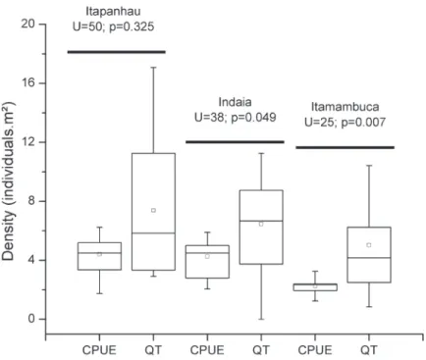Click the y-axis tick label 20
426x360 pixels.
(28, 24)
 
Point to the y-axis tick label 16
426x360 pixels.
(28, 82)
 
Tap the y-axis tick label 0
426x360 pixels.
(31, 319)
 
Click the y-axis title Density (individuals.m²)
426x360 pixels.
(9, 182)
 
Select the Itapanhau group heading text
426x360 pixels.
(113, 11)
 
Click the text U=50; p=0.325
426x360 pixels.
(113, 26)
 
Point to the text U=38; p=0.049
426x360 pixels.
(236, 118)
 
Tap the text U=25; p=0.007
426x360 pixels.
(345, 123)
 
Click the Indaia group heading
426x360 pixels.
(236, 102)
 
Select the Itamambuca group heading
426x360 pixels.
(345, 107)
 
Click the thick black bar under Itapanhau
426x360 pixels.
(117, 52)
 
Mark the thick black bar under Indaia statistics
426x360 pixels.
(235, 142)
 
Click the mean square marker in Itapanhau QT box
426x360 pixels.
(153, 210)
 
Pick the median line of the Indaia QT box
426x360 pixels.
(261, 221)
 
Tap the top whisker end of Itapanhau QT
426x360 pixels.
(153, 68)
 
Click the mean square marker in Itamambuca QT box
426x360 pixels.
(369, 245)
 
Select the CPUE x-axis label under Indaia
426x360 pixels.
(207, 350)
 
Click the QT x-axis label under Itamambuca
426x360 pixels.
(369, 350)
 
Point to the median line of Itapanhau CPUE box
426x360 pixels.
(99, 253)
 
